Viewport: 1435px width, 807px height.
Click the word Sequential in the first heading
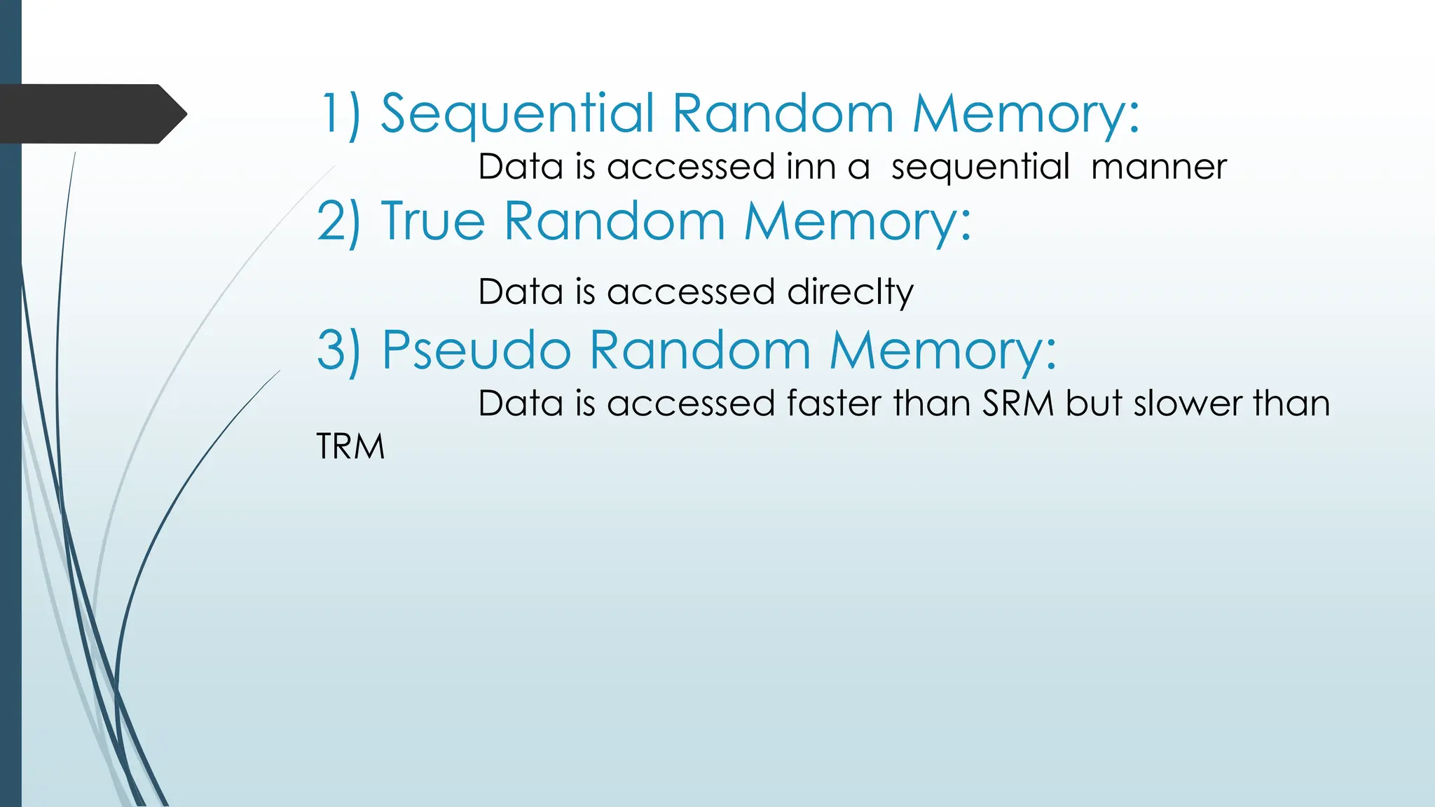[517, 113]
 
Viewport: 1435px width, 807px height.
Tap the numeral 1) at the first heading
[341, 113]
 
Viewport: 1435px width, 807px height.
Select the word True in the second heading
[433, 221]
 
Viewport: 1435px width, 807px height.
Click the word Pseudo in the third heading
[476, 350]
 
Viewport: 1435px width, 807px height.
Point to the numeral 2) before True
[339, 221]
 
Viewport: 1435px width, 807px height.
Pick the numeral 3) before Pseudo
[339, 350]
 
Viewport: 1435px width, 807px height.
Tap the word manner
[1158, 167]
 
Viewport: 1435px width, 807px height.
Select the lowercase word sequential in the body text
[980, 167]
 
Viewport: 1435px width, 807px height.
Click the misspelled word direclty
[850, 291]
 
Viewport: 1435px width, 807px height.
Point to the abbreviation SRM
[1017, 403]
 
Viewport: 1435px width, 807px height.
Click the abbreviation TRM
[350, 446]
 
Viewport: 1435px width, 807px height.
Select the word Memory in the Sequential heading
[1026, 113]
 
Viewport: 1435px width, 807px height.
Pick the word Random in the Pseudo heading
[700, 350]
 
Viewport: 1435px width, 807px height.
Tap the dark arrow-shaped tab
[91, 113]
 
